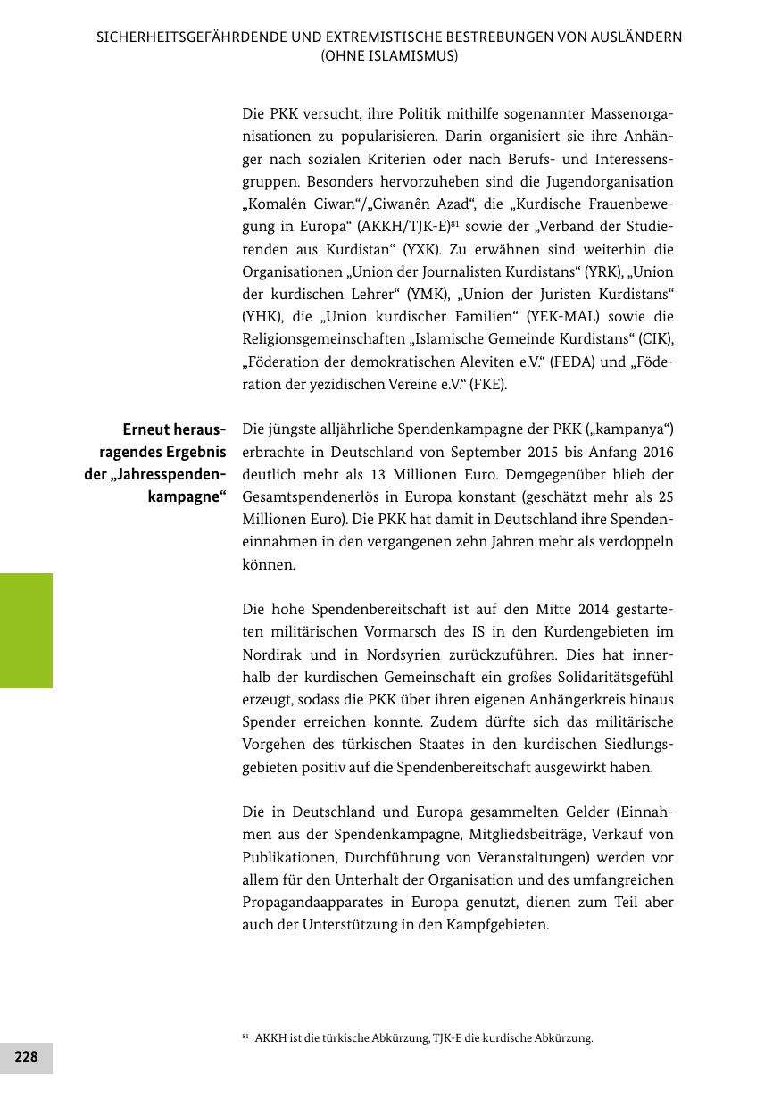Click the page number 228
26,1057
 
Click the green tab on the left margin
26,630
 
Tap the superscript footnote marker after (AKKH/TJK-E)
454,223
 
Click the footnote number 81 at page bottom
245,1037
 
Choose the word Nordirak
271,654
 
